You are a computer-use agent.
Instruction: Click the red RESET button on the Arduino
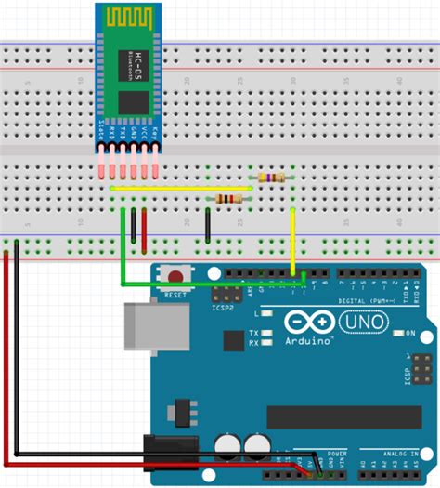[x=173, y=275]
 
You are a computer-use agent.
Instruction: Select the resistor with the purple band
[x=270, y=178]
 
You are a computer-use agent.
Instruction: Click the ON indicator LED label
[x=408, y=333]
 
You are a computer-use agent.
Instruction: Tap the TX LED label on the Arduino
[x=254, y=332]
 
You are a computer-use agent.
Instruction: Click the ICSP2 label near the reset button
[x=223, y=307]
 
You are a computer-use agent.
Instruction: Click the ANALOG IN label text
[x=398, y=455]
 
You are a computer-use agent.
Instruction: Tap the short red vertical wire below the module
[x=144, y=228]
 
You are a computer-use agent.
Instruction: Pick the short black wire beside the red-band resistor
[x=207, y=226]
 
